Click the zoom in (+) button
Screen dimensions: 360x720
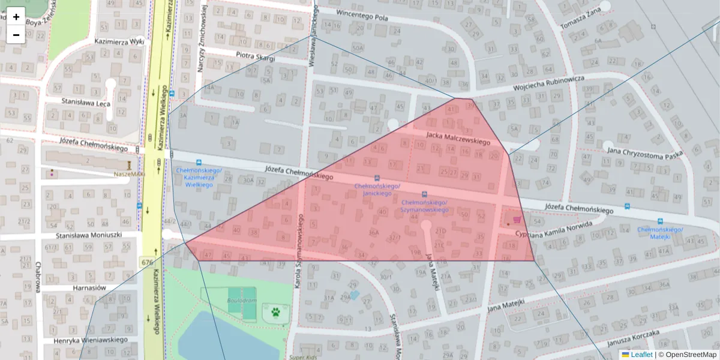[16, 17]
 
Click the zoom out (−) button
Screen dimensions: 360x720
[16, 35]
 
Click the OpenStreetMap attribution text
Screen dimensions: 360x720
[687, 355]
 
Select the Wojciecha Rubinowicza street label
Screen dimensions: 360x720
[548, 83]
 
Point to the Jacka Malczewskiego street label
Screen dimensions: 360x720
[458, 138]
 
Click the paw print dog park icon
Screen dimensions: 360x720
[275, 312]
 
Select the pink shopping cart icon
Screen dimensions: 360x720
[517, 220]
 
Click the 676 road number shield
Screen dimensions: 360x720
[147, 262]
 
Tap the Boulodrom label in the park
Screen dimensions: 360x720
[242, 301]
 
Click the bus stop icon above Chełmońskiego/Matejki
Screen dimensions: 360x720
[660, 221]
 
